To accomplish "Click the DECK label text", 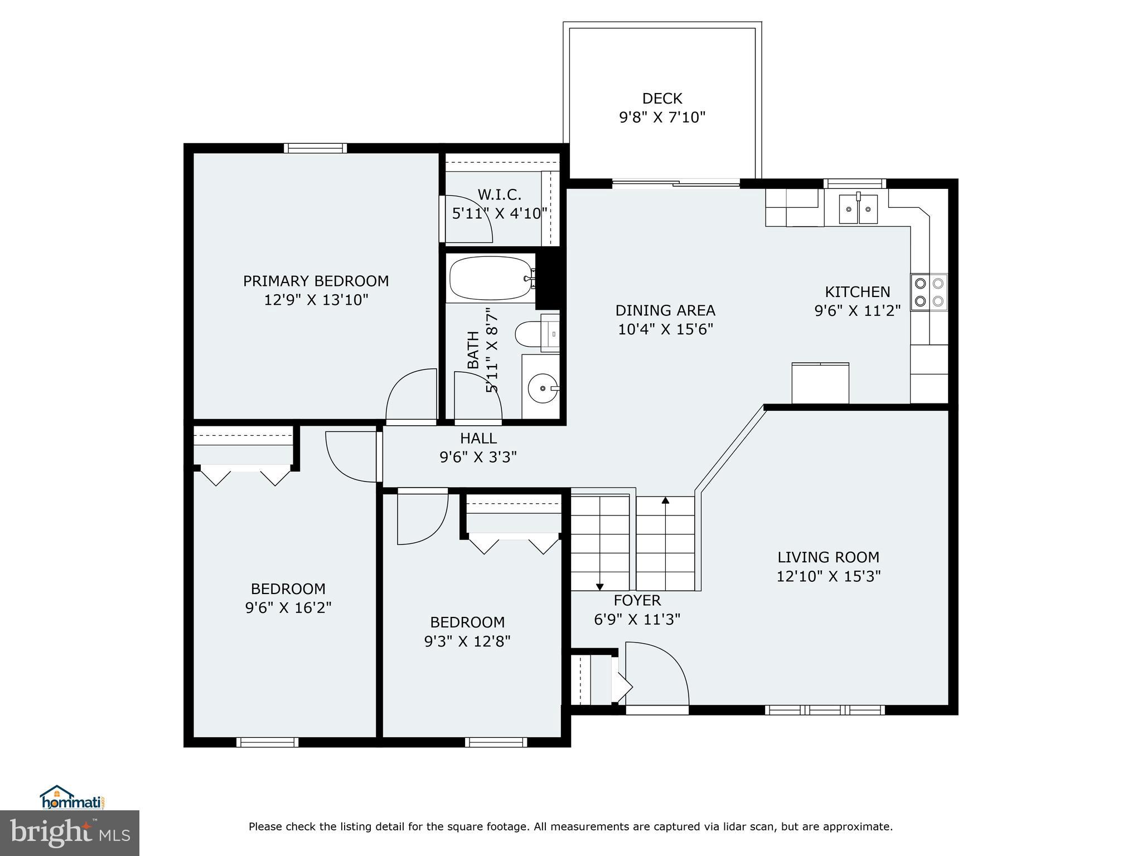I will pyautogui.click(x=662, y=99).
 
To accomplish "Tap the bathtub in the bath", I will pyautogui.click(x=490, y=278).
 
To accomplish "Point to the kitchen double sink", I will pyautogui.click(x=858, y=209).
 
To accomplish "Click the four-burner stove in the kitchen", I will pyautogui.click(x=928, y=292).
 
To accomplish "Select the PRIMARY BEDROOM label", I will pyautogui.click(x=316, y=281).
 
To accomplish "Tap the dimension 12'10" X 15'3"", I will pyautogui.click(x=828, y=576).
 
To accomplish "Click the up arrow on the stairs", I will pyautogui.click(x=665, y=500).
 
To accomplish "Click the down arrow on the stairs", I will pyautogui.click(x=600, y=586).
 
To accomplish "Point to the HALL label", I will pyautogui.click(x=478, y=438).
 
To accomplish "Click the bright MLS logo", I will pyautogui.click(x=70, y=833).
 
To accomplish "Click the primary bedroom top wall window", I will pyautogui.click(x=315, y=148).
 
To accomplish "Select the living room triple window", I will pyautogui.click(x=825, y=709).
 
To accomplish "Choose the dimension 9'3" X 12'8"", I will pyautogui.click(x=467, y=641).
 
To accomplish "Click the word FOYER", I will pyautogui.click(x=637, y=600).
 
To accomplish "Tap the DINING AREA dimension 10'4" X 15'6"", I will pyautogui.click(x=665, y=329).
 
